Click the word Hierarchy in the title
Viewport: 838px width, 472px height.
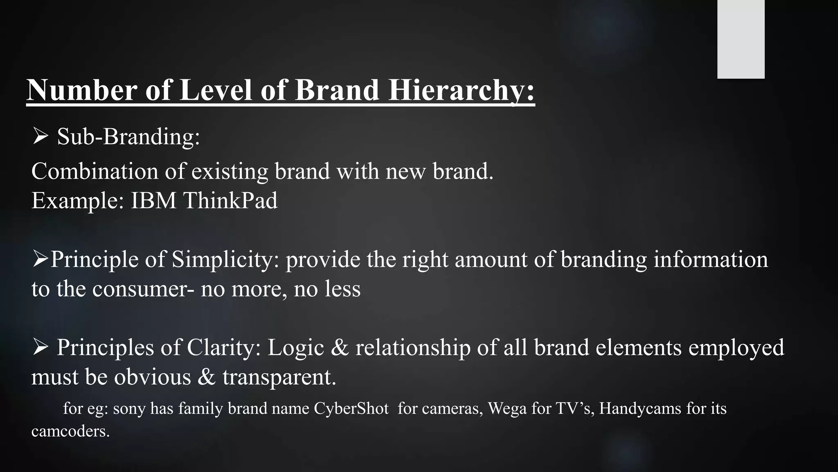click(x=461, y=90)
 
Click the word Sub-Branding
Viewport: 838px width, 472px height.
click(x=128, y=136)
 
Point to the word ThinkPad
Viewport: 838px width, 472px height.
click(x=230, y=200)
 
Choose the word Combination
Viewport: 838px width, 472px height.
click(x=95, y=171)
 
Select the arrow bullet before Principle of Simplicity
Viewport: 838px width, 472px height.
click(x=40, y=259)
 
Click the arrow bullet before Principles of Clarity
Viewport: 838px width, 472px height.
click(x=41, y=347)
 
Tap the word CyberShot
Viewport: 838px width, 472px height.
click(x=351, y=408)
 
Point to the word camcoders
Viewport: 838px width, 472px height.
click(x=70, y=431)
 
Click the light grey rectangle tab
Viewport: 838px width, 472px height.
click(x=741, y=39)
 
